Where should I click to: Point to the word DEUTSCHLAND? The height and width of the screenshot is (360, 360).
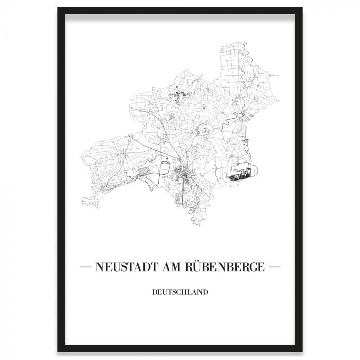coord(180,294)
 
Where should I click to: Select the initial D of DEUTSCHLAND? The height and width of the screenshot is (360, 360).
coord(154,294)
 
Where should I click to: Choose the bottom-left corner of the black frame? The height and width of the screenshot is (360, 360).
coord(58,351)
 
